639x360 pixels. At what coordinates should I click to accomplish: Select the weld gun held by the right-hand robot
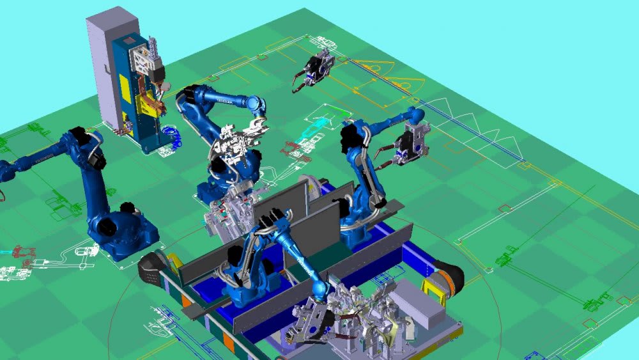[409, 146]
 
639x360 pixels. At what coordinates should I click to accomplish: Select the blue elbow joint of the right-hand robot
[416, 116]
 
